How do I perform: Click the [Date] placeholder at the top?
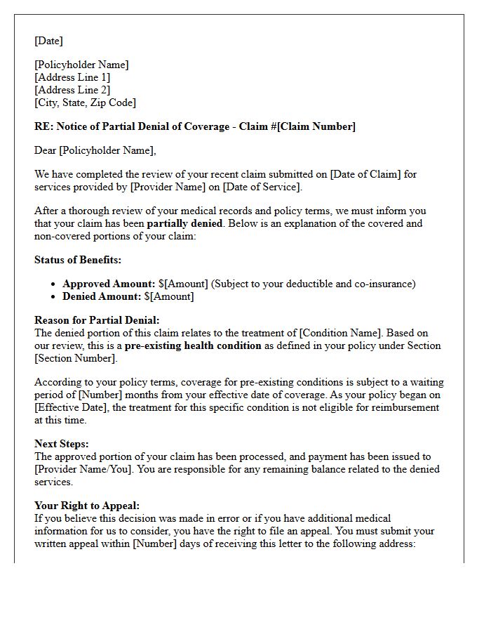tap(48, 41)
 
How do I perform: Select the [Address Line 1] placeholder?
tap(72, 77)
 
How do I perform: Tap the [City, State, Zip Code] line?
tap(85, 103)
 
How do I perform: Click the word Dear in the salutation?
tap(46, 150)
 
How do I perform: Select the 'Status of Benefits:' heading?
tap(78, 260)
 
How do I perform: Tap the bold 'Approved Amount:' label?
tap(109, 284)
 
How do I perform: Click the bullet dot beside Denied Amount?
tap(54, 297)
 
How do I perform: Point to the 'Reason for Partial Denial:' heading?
tap(97, 320)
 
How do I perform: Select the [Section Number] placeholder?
tap(75, 358)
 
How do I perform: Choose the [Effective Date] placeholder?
tap(72, 407)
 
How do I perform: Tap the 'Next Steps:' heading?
tap(62, 444)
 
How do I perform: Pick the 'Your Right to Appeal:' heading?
tap(87, 506)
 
